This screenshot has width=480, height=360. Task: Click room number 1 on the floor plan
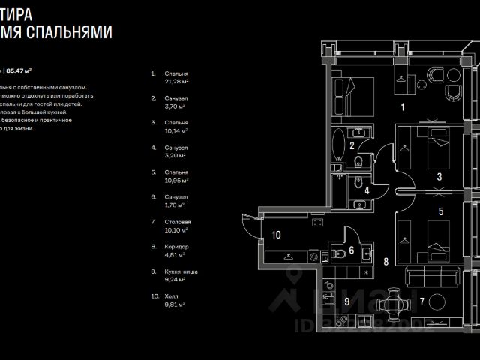click(403, 107)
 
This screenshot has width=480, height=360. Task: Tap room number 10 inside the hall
click(276, 235)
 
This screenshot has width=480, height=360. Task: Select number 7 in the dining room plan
click(422, 301)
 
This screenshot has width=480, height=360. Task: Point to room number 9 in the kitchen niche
click(346, 301)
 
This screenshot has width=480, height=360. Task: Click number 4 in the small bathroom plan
click(367, 190)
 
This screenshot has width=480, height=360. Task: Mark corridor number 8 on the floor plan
click(385, 262)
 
